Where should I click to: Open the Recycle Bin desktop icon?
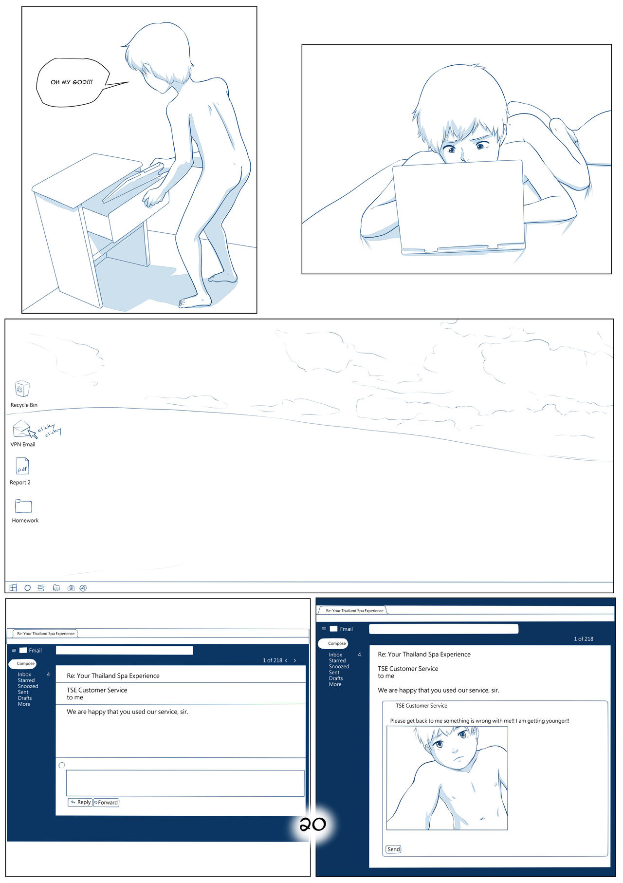pyautogui.click(x=22, y=389)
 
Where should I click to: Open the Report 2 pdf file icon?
pyautogui.click(x=22, y=466)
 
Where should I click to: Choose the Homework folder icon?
pyautogui.click(x=23, y=506)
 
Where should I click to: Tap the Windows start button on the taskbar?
pyautogui.click(x=13, y=588)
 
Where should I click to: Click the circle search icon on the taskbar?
pyautogui.click(x=28, y=588)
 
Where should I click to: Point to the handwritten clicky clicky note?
pyautogui.click(x=50, y=430)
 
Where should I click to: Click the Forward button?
pyautogui.click(x=106, y=802)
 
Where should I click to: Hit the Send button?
pyautogui.click(x=393, y=849)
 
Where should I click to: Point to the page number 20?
pyautogui.click(x=312, y=824)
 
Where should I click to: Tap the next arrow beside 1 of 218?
pyautogui.click(x=295, y=660)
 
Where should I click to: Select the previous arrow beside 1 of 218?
pyautogui.click(x=286, y=660)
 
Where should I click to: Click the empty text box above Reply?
pyautogui.click(x=185, y=783)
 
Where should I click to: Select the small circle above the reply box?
pyautogui.click(x=62, y=765)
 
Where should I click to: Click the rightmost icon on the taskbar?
pyautogui.click(x=83, y=588)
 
